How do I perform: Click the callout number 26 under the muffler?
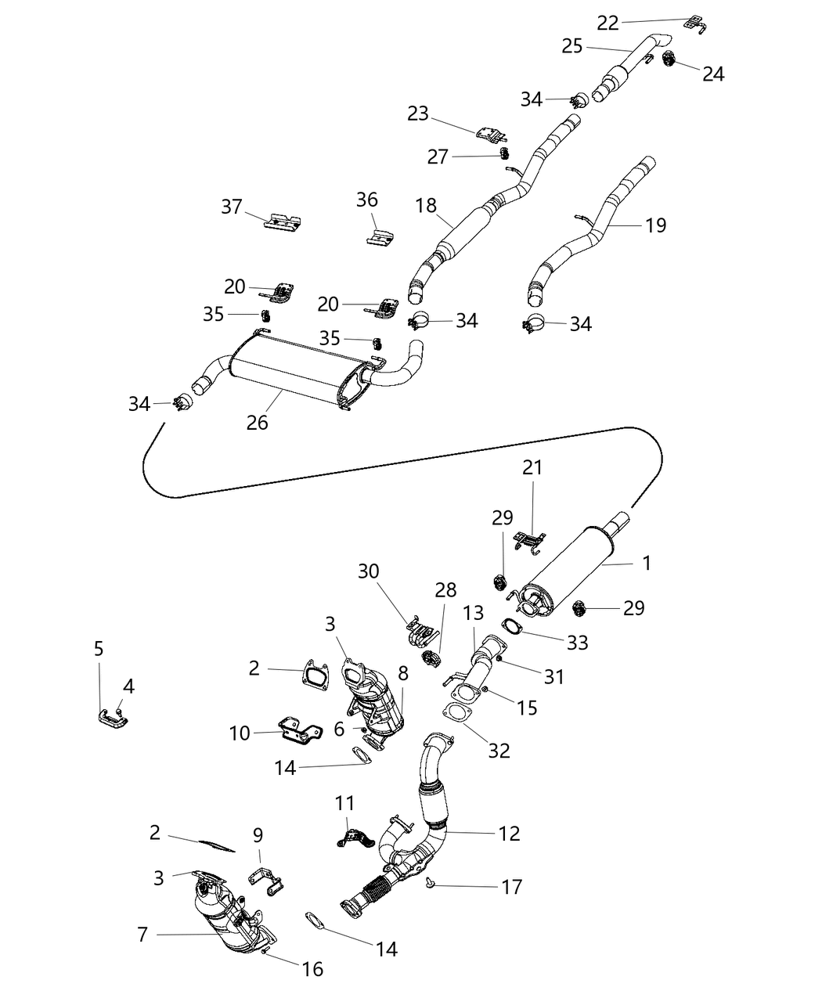point(257,422)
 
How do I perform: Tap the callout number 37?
point(232,207)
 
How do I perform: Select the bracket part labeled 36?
point(380,235)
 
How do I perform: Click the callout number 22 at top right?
point(608,23)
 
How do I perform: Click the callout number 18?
point(426,205)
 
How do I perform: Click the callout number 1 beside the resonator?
point(647,562)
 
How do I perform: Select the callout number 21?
point(532,467)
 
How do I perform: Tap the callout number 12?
point(509,833)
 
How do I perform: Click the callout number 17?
point(511,886)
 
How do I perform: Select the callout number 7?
point(142,933)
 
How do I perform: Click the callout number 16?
point(312,969)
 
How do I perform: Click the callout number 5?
point(99,648)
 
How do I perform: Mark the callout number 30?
point(369,571)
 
